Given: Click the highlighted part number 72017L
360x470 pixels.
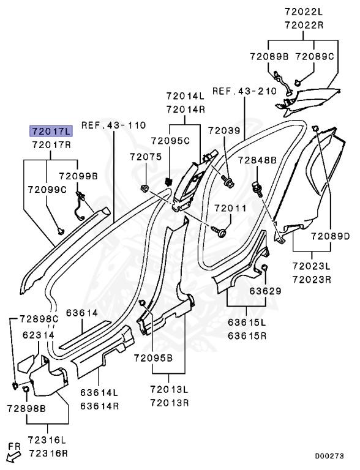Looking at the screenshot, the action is click(51, 131).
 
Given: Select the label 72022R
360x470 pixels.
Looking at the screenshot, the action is click(304, 25).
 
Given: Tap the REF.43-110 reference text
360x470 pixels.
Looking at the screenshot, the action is click(113, 125).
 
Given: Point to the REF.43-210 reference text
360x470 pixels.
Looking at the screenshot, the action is click(244, 91).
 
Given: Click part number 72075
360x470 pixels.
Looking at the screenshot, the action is click(146, 157).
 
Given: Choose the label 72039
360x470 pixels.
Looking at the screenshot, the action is click(225, 130).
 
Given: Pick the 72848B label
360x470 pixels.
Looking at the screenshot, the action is click(257, 160).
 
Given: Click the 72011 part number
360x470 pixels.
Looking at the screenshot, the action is click(230, 208).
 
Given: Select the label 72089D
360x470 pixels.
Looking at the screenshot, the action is click(330, 236).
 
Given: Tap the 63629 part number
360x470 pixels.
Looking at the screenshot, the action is click(266, 291).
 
